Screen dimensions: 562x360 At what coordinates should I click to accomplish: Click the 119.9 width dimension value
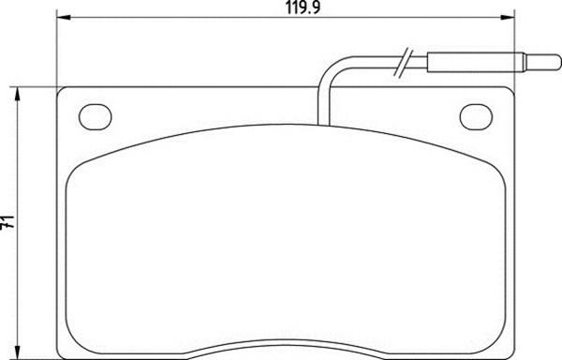(303, 7)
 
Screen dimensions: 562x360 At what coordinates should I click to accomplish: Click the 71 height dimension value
(7, 222)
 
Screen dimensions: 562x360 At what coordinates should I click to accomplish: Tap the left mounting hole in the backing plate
(95, 117)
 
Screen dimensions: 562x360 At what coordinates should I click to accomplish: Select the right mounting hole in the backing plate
(476, 117)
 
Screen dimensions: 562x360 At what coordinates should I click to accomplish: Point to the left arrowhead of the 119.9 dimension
(64, 17)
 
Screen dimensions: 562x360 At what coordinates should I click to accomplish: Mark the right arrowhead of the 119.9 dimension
(508, 17)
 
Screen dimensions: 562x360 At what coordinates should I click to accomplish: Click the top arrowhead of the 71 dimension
(17, 94)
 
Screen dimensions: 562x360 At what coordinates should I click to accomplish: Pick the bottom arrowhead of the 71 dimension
(17, 352)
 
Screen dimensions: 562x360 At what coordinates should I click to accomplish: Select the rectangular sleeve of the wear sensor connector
(476, 62)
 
